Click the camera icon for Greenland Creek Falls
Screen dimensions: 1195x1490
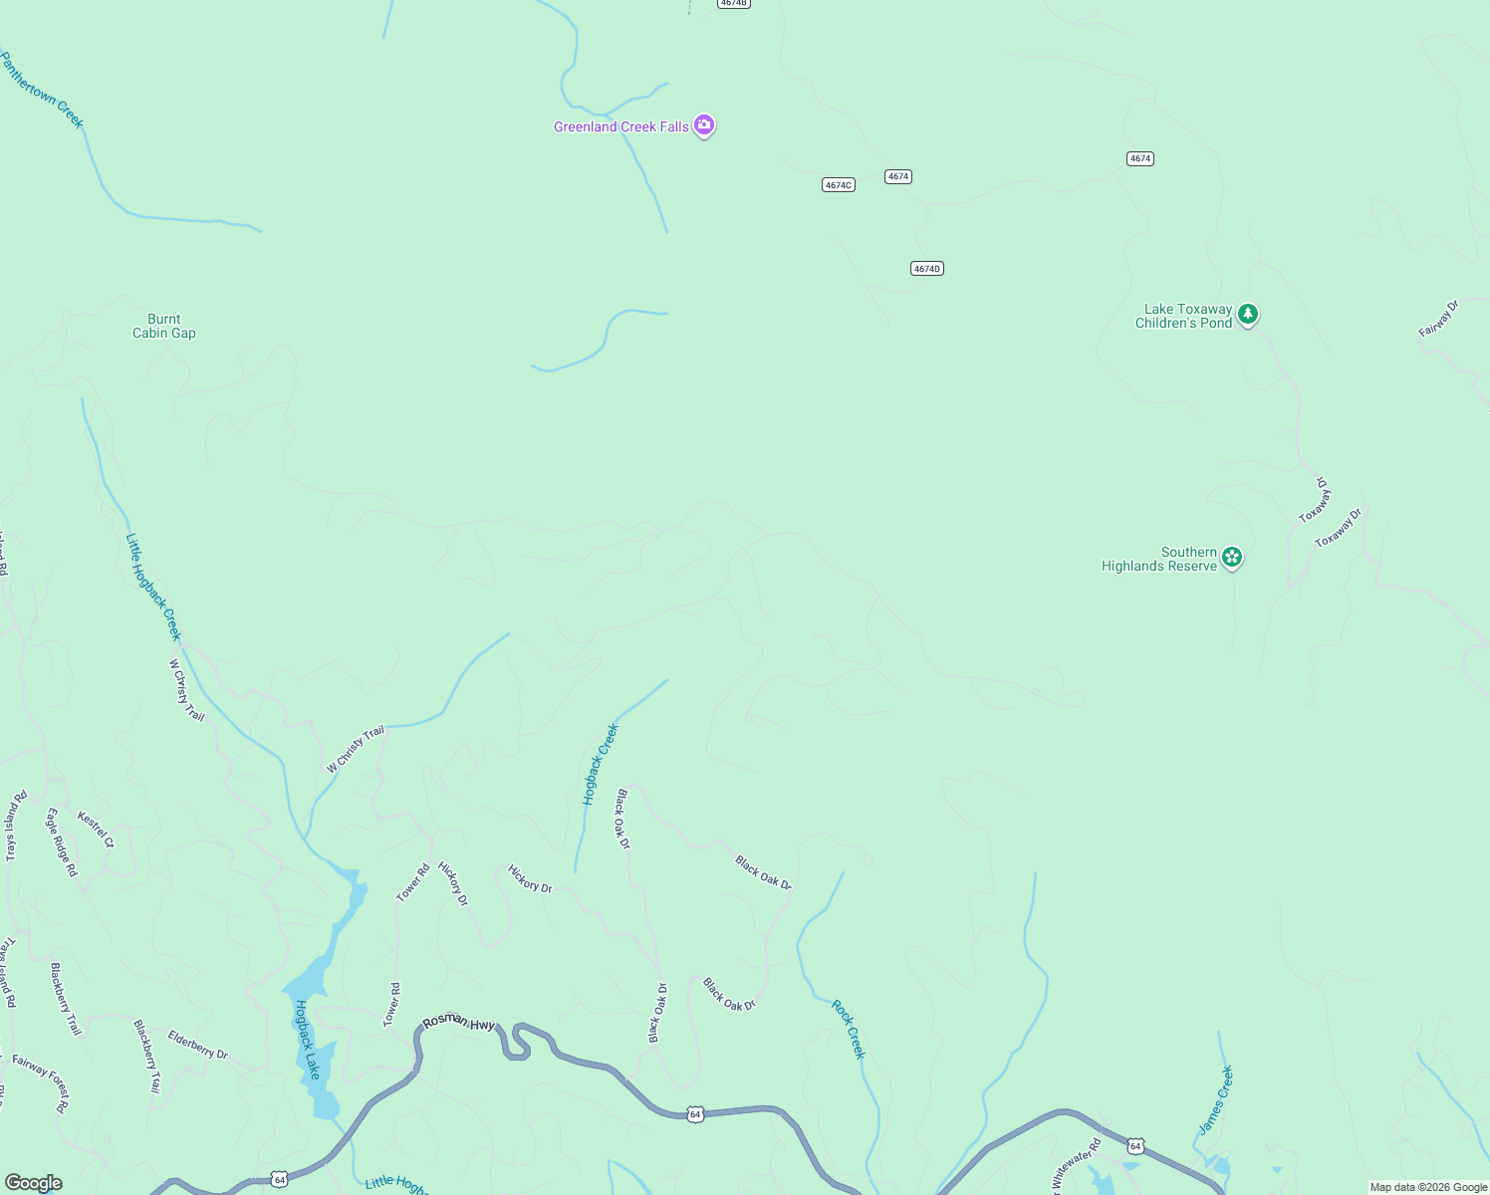click(704, 125)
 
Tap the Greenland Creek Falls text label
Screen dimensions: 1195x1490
click(621, 126)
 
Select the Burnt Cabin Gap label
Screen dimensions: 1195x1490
click(164, 327)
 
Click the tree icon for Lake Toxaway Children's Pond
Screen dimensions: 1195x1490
click(1248, 315)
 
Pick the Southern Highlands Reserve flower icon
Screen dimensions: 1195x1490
click(1232, 558)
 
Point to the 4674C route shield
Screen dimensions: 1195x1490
click(839, 185)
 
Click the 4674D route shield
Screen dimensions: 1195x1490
click(926, 269)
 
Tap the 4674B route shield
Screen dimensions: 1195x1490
click(733, 3)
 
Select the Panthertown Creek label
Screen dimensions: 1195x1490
click(41, 91)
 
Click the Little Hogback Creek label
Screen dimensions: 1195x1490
click(153, 587)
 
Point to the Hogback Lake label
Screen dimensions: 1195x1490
click(307, 1040)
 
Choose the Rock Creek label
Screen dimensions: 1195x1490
click(849, 1030)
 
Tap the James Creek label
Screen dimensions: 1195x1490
click(1215, 1099)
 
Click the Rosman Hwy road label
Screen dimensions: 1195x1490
click(458, 1022)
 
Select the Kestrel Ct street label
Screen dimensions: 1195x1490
click(96, 830)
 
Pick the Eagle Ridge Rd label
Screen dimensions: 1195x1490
click(61, 841)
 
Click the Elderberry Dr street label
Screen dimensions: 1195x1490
click(197, 1045)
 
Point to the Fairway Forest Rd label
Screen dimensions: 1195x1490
click(41, 1083)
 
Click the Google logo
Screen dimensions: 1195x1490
click(33, 1183)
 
